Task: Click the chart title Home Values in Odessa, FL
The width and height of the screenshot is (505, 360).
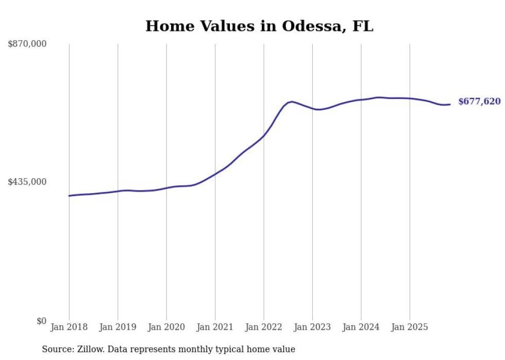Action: click(259, 26)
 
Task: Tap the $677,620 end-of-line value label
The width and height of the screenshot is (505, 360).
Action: click(479, 101)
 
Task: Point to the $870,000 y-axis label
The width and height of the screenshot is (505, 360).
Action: click(27, 44)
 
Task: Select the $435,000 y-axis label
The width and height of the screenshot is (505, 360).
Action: click(27, 182)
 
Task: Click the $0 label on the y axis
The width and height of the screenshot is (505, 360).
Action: click(41, 321)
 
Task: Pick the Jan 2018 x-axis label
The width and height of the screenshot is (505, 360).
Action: click(69, 327)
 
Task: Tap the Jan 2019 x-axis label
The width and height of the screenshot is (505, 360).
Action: click(118, 327)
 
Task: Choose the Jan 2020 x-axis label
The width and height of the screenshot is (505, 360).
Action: click(166, 327)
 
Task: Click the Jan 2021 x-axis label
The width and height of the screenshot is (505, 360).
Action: click(215, 327)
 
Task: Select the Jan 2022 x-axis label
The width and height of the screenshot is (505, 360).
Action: click(264, 327)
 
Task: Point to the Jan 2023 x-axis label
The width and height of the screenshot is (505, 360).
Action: click(312, 327)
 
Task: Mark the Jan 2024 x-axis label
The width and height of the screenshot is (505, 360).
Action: click(361, 327)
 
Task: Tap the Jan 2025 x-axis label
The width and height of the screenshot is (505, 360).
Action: click(410, 327)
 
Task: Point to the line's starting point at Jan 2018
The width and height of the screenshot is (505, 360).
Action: click(69, 196)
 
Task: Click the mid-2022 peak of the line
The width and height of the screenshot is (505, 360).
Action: click(292, 101)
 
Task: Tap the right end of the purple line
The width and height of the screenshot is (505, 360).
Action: click(450, 105)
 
